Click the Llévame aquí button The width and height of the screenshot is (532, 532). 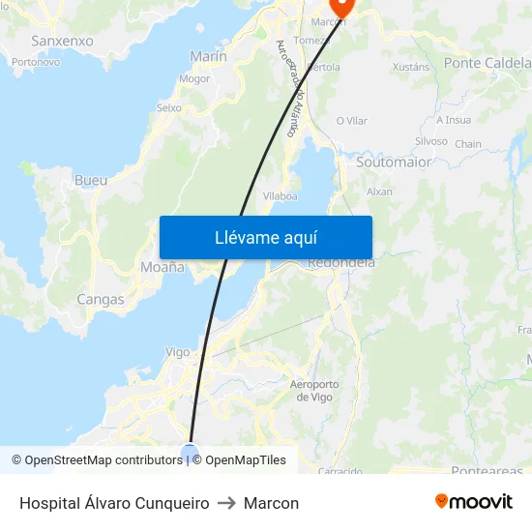[265, 238]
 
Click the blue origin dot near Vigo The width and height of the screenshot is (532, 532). [190, 452]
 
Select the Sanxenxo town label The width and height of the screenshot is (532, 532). [62, 41]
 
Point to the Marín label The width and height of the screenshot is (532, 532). [209, 56]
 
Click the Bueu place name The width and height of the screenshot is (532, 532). [91, 180]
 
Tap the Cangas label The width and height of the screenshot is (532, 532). [101, 300]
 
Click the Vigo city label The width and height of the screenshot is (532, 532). [178, 352]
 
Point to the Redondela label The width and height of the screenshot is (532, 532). [340, 262]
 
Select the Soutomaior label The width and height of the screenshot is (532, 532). [394, 163]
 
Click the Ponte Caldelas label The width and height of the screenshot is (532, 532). [488, 63]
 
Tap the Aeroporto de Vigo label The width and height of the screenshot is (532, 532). [315, 391]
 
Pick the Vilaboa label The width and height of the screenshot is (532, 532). [281, 195]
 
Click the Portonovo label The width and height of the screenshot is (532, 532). [36, 62]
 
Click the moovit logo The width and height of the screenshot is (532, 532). [474, 502]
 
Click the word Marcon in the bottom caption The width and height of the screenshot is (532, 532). [271, 504]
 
